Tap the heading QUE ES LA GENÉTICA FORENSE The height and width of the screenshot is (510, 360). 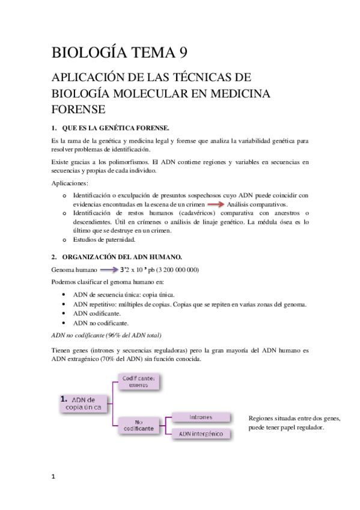(x=116, y=127)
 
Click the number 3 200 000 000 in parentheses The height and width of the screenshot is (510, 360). (x=177, y=269)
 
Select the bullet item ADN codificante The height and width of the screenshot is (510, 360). (x=97, y=313)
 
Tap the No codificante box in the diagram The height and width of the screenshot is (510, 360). (x=142, y=425)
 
